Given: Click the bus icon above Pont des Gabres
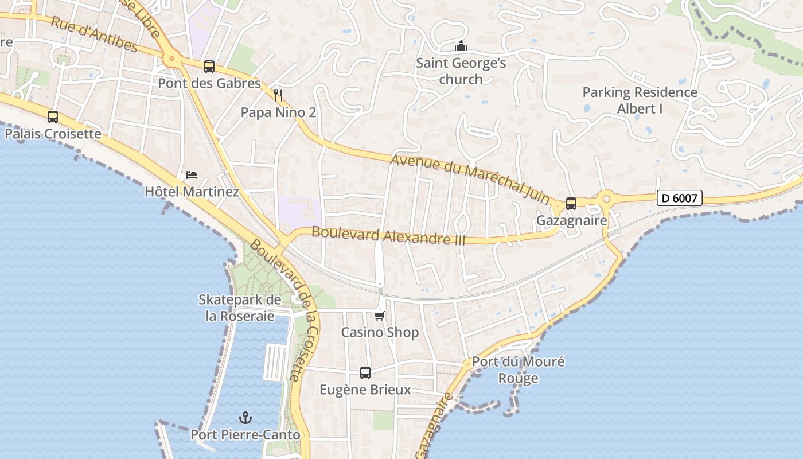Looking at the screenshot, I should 209,67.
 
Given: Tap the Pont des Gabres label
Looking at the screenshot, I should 209,83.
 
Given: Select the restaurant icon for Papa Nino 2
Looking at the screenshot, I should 278,95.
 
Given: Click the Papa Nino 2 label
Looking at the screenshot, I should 278,112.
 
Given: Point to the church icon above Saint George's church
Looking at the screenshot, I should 461,46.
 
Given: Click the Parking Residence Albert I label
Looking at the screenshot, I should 640,100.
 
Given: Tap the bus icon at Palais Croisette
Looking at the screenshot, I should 53,117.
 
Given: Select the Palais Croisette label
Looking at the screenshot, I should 53,134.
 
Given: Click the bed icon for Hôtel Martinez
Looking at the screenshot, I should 192,175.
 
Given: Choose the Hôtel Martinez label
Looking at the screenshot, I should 192,192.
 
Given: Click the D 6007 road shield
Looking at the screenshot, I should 680,199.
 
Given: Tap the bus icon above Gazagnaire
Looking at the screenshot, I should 571,204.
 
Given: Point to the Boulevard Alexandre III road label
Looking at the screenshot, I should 388,236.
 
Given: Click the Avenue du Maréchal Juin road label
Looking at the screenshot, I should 470,178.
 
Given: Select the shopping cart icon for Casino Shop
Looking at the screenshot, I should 379,316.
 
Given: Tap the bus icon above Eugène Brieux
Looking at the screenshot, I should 365,373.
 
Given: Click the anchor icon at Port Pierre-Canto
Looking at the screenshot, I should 245,418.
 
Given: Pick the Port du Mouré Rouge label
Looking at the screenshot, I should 518,369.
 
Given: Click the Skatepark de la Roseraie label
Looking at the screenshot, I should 240,308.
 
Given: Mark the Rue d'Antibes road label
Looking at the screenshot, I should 94,34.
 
